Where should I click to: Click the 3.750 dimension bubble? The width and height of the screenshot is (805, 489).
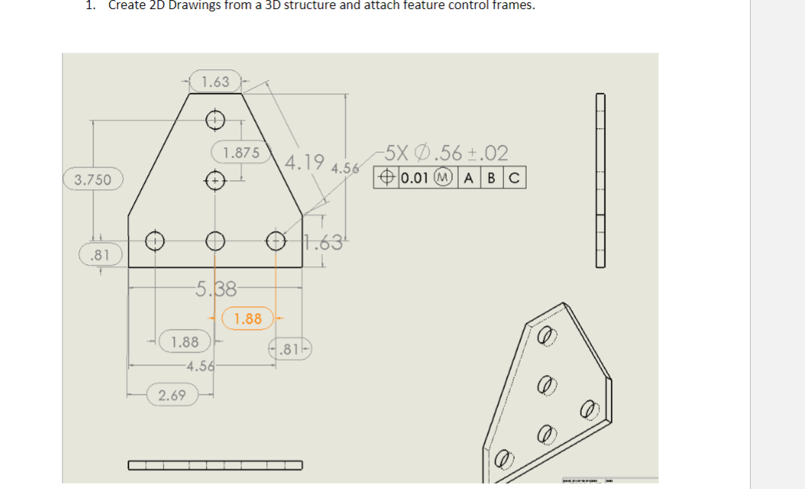point(93,180)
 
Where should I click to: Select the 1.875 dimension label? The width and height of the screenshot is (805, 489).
point(241,152)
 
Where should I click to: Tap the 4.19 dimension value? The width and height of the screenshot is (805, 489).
point(306,161)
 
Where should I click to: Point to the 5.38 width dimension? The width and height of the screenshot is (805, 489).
point(216,288)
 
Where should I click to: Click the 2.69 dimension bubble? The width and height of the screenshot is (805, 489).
point(173,395)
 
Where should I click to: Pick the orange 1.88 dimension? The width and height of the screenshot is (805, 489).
point(247,318)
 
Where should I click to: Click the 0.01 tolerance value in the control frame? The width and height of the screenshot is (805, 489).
point(416,179)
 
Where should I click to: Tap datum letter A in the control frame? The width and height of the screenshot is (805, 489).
point(469,179)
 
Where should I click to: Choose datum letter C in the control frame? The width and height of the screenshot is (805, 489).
point(515,179)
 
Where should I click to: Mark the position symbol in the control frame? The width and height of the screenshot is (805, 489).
point(386,179)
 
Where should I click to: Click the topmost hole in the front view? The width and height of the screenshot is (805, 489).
point(215,118)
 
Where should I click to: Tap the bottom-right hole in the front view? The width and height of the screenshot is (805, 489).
point(276,241)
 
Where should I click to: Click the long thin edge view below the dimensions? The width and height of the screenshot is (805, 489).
point(215,465)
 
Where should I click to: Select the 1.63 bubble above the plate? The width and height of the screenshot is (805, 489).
point(216,81)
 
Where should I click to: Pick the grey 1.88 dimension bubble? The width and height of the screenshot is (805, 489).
point(185,342)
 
